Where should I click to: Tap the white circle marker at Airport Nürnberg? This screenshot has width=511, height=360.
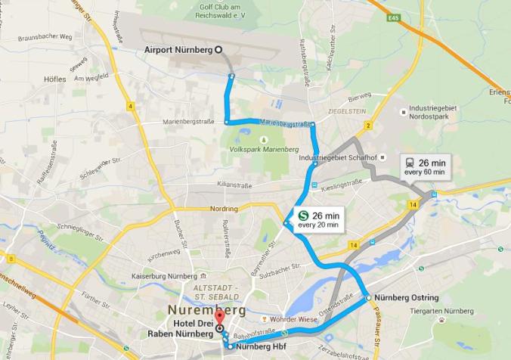pos(218,50)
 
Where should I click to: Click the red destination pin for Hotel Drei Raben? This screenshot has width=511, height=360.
pos(218,317)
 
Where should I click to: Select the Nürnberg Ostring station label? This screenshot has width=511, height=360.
pos(407,298)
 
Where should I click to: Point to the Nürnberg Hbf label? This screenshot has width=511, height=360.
pos(261,347)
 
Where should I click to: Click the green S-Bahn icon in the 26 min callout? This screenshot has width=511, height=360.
pos(302,216)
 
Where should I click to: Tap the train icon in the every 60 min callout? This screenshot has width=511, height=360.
pos(410,163)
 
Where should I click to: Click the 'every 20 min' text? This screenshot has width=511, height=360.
pos(317,225)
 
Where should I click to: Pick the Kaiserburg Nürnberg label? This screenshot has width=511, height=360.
pos(162,276)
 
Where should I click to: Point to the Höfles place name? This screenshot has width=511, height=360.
pos(55,79)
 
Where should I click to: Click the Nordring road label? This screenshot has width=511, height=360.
pos(224,209)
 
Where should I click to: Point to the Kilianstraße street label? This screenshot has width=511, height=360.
pos(234,185)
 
